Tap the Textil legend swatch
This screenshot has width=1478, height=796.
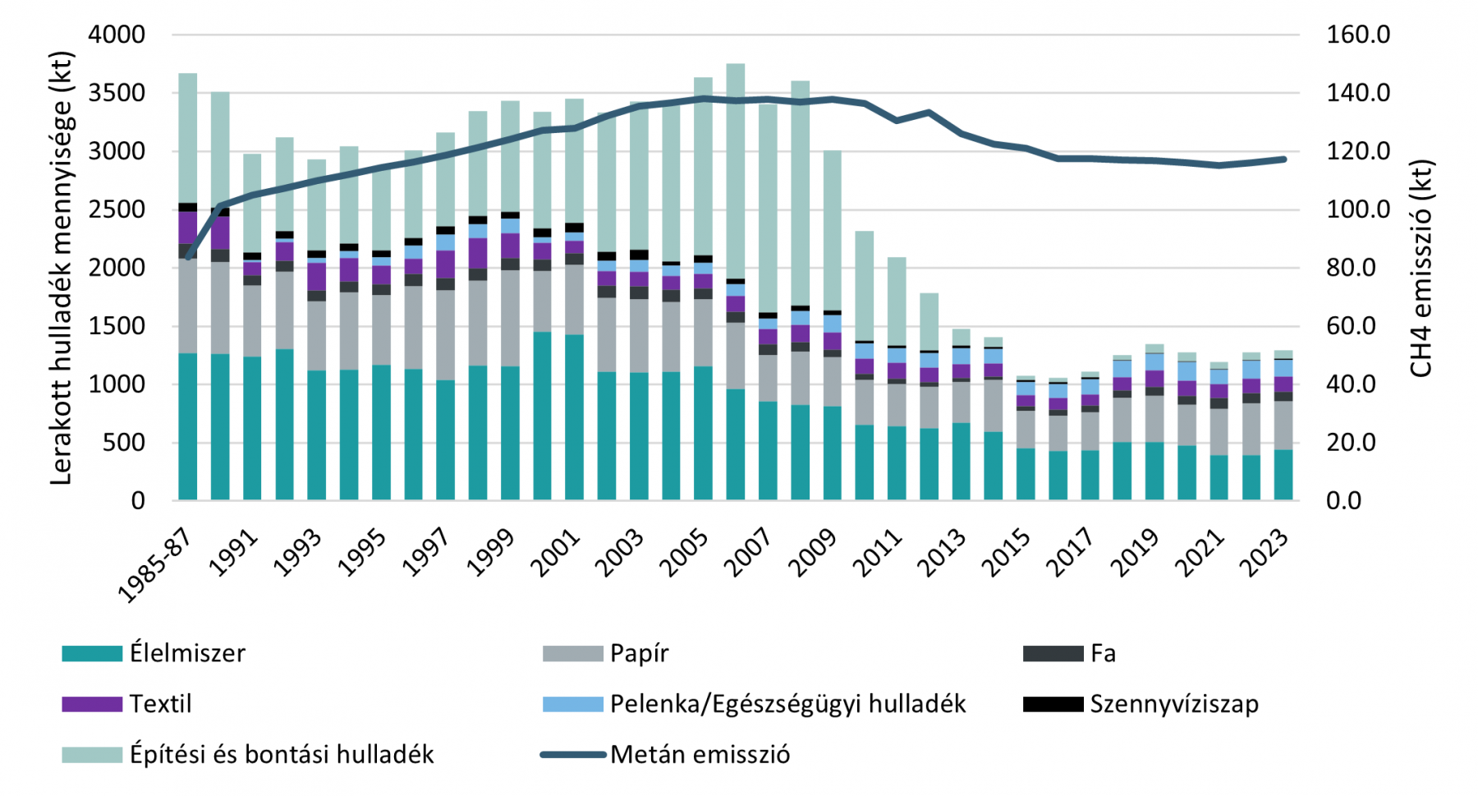pyautogui.click(x=91, y=704)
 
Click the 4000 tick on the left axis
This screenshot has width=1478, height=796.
pyautogui.click(x=117, y=35)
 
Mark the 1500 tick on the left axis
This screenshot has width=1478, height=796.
pyautogui.click(x=117, y=326)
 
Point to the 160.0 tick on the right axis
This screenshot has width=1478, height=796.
pyautogui.click(x=1358, y=35)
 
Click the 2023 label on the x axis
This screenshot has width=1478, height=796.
pyautogui.click(x=1265, y=552)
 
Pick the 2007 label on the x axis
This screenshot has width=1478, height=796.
pyautogui.click(x=750, y=552)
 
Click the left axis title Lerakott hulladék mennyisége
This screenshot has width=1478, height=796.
pyautogui.click(x=62, y=268)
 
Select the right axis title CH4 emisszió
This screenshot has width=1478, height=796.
pyautogui.click(x=1421, y=268)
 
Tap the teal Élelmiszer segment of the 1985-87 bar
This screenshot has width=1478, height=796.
pyautogui.click(x=187, y=427)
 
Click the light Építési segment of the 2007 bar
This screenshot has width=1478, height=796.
pyautogui.click(x=768, y=205)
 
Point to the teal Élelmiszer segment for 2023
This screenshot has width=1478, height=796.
pyautogui.click(x=1283, y=475)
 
